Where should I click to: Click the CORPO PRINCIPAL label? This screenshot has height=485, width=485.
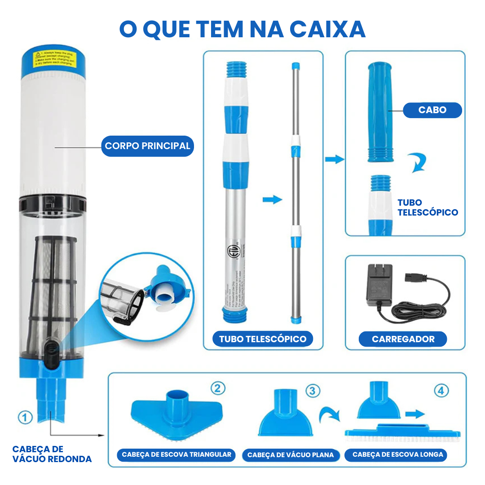click(147, 146)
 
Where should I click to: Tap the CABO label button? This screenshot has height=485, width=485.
click(432, 110)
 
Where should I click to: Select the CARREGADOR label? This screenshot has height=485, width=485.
click(403, 339)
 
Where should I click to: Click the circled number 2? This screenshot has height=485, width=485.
click(218, 388)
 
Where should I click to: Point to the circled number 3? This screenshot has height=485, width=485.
click(313, 390)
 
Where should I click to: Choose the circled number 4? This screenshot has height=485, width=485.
click(441, 391)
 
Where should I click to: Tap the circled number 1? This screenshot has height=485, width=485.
click(25, 417)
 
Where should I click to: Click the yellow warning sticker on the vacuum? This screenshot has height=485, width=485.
click(56, 58)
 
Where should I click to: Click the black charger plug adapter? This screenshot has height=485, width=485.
click(379, 285)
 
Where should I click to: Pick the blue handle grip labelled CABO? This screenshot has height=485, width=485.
click(382, 112)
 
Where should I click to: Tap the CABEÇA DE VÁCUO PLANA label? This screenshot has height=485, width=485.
click(291, 455)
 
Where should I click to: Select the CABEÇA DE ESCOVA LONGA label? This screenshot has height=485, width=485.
click(397, 454)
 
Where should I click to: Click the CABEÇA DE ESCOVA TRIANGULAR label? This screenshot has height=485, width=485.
click(176, 454)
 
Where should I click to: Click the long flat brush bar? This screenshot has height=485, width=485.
click(402, 432)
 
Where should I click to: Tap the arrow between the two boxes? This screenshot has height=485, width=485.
click(334, 159)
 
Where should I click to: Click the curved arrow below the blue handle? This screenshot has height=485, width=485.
click(417, 163)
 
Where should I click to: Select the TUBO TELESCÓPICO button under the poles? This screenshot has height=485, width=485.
click(263, 339)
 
